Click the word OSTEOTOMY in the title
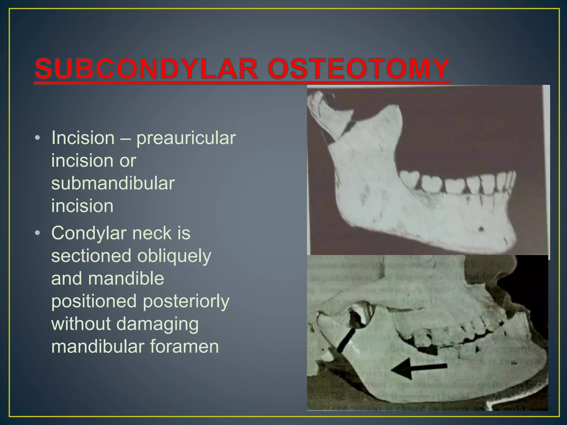(x=359, y=69)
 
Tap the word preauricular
(x=186, y=138)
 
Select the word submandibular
(x=113, y=183)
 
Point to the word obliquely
(x=174, y=256)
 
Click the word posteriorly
(x=183, y=301)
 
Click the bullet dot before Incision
(x=38, y=138)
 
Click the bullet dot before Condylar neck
(x=38, y=233)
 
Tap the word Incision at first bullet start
(x=83, y=138)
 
